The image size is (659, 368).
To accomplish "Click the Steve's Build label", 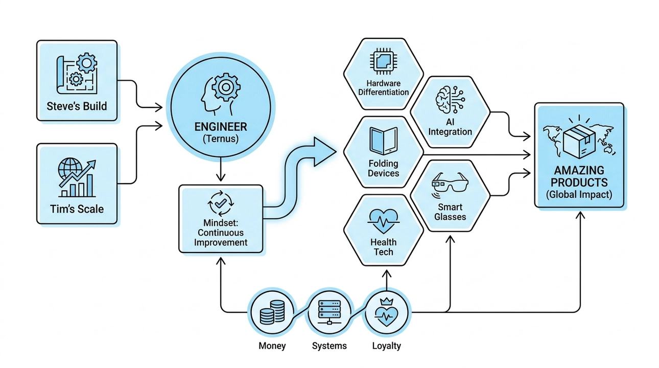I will pos(77,107).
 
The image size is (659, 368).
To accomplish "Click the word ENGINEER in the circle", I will pos(221,127).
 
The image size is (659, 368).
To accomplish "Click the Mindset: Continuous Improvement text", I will pos(220,233).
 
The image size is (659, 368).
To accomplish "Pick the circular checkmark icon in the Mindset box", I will pos(221,203).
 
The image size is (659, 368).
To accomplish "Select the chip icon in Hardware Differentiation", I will pos(384,61).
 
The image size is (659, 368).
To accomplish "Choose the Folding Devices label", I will pos(383,168).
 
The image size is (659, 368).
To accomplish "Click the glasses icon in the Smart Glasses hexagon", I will pos(450,183).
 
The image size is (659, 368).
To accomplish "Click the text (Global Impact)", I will pos(579,194).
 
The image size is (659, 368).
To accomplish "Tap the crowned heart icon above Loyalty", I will pos(387,312).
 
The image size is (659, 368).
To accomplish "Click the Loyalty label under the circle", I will pos(387,346).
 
